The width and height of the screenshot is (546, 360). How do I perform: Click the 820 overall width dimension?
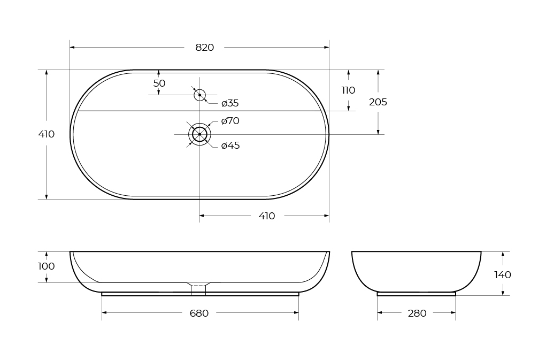(x=204, y=48)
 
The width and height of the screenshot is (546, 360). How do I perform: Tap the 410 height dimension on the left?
(x=47, y=134)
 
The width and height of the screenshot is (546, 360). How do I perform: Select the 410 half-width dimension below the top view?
(x=267, y=216)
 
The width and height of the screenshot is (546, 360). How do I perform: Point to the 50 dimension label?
(x=159, y=83)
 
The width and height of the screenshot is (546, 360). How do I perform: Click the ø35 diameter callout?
(x=230, y=103)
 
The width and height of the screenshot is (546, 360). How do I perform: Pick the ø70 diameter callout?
(x=230, y=121)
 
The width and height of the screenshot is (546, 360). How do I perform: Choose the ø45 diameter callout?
(x=230, y=145)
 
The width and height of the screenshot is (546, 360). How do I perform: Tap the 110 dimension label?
(x=348, y=90)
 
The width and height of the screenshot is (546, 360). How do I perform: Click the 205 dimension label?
(x=378, y=102)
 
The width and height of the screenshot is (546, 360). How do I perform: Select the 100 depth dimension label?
(x=47, y=266)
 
